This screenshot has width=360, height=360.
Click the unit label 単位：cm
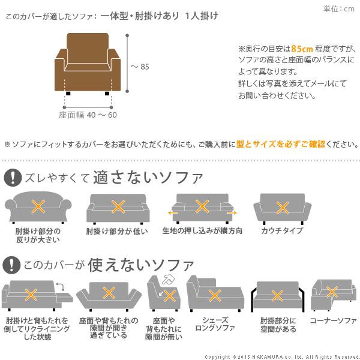click(x=339, y=8)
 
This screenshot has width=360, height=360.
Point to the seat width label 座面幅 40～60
click(x=88, y=115)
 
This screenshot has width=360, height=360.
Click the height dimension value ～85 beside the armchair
click(x=139, y=67)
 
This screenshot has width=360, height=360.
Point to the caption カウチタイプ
click(x=281, y=231)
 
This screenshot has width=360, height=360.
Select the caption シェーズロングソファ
click(x=214, y=324)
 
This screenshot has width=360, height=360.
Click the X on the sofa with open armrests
click(x=277, y=295)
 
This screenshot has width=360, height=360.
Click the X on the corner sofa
click(x=332, y=291)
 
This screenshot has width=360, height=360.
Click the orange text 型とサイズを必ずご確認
click(x=271, y=144)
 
